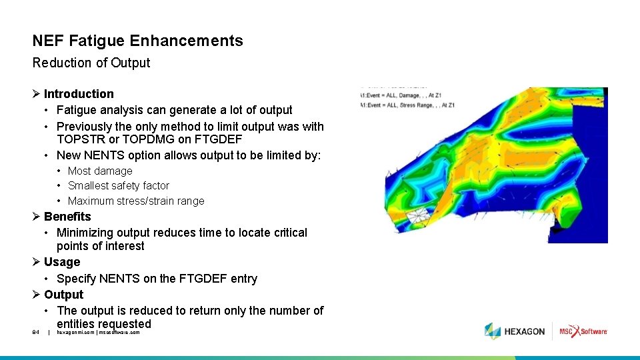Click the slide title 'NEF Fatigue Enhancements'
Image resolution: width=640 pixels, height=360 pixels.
click(x=137, y=41)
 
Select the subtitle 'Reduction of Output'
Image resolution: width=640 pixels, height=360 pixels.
click(x=91, y=63)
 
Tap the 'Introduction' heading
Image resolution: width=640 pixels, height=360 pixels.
click(x=79, y=94)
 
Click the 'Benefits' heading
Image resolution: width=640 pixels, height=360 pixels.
click(x=67, y=217)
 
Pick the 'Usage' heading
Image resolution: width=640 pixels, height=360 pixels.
click(x=62, y=262)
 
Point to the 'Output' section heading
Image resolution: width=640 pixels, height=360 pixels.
click(x=64, y=295)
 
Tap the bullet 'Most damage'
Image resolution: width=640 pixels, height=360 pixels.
click(x=100, y=171)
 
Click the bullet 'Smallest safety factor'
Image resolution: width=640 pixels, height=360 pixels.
click(x=119, y=185)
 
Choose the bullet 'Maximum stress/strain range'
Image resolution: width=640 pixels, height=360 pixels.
click(x=136, y=201)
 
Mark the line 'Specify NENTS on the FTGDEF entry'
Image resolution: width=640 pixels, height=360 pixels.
click(x=157, y=279)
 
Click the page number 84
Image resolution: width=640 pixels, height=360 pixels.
click(x=36, y=332)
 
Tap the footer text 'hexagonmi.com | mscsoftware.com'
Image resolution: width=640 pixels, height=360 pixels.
click(x=98, y=332)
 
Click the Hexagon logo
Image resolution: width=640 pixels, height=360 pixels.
click(x=515, y=331)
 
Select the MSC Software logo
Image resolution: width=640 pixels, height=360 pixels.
click(x=583, y=331)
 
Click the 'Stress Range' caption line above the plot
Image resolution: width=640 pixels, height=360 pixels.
click(x=408, y=105)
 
